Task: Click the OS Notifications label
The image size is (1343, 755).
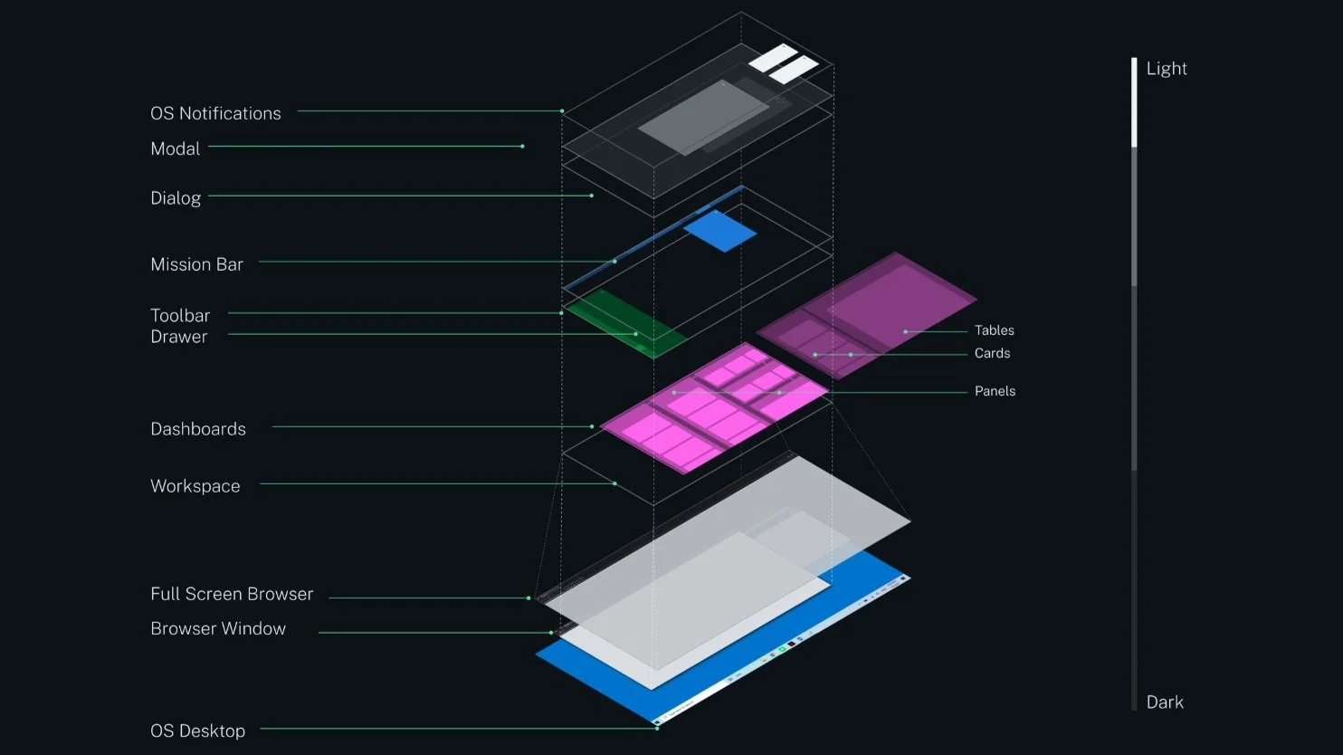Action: click(x=215, y=113)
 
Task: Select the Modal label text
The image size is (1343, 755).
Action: click(x=175, y=148)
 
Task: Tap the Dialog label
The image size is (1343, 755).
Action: click(x=176, y=197)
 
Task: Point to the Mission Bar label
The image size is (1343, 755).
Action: click(x=196, y=264)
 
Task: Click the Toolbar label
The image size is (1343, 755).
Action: click(x=180, y=315)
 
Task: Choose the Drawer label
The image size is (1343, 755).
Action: click(x=179, y=337)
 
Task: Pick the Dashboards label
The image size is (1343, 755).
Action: click(x=198, y=429)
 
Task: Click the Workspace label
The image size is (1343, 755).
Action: click(x=195, y=486)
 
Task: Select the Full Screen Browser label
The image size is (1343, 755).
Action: click(x=232, y=594)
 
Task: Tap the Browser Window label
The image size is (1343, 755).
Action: click(x=218, y=628)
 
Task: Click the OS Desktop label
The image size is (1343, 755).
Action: click(x=197, y=731)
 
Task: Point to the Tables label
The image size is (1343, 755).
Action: click(x=994, y=330)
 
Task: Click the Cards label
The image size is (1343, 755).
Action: click(x=992, y=353)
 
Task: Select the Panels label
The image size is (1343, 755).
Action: click(x=995, y=391)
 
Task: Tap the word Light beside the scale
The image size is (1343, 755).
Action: click(x=1167, y=69)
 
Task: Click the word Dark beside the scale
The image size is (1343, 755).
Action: click(x=1165, y=702)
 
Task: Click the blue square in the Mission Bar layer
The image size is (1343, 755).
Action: click(x=720, y=232)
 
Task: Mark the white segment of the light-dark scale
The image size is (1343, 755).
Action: click(x=1134, y=102)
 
